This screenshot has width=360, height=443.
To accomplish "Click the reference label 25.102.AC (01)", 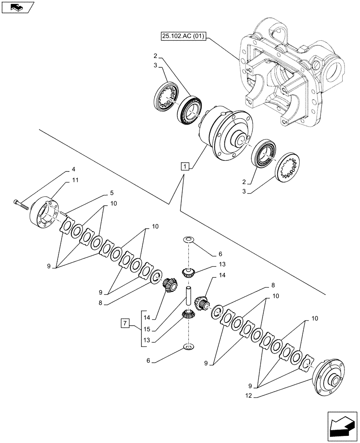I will (180, 37).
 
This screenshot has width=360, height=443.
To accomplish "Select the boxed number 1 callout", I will (185, 166).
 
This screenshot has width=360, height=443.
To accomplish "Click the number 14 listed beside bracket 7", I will (147, 317).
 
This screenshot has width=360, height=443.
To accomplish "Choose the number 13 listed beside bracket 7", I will (147, 341).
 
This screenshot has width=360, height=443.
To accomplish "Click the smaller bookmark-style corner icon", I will (18, 7).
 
